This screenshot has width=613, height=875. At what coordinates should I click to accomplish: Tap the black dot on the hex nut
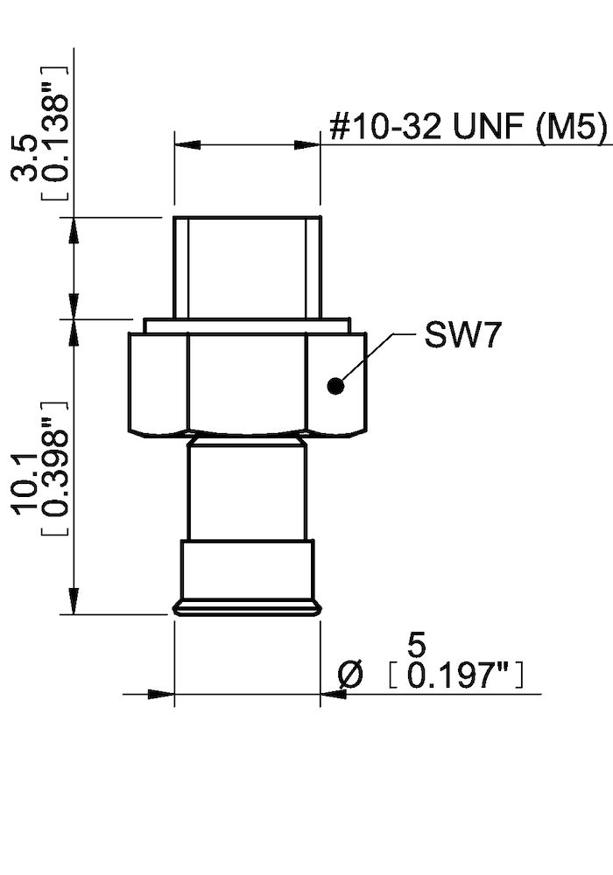(x=335, y=385)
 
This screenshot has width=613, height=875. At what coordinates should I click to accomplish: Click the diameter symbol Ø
(x=349, y=675)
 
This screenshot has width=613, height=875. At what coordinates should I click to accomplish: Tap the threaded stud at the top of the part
(x=246, y=267)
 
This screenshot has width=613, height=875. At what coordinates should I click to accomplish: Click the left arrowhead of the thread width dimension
(x=186, y=143)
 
